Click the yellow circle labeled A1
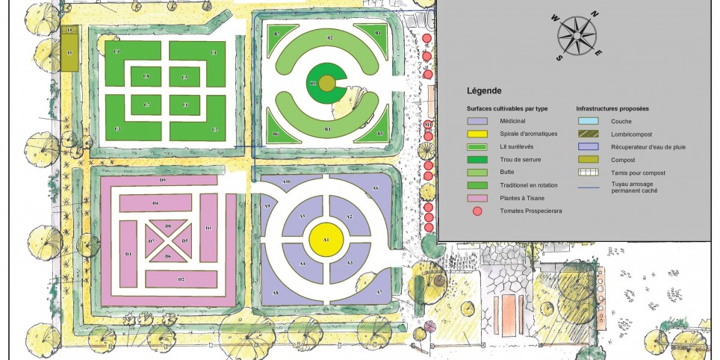tap(326, 239)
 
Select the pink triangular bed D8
tap(168, 226)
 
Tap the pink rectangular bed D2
tap(180, 279)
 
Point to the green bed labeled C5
tap(184, 77)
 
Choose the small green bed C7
tap(146, 105)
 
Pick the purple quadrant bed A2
tap(350, 217)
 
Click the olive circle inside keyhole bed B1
tap(326, 83)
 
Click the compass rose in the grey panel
tap(577, 35)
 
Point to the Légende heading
tap(484, 91)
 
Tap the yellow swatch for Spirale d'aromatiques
tap(477, 134)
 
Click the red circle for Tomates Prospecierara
tap(477, 211)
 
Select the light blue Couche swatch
tap(588, 121)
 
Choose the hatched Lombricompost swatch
tap(588, 134)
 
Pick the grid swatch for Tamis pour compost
tap(588, 173)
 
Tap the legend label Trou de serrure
tap(521, 160)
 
